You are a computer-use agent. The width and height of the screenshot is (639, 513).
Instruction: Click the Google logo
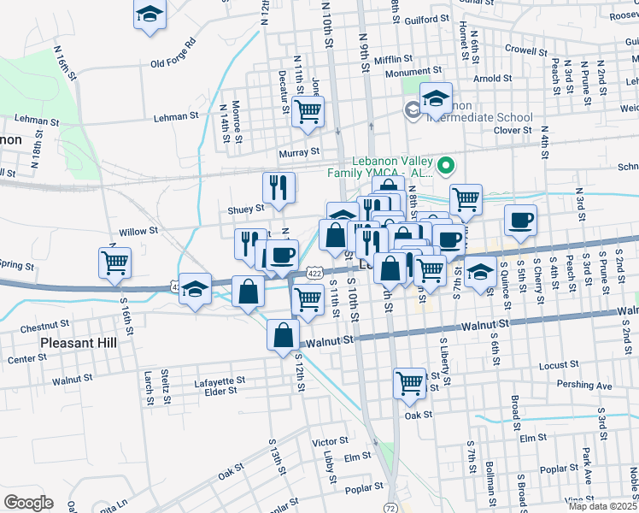click(28, 502)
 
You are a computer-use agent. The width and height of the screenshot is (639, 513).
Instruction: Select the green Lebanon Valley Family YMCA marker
click(444, 164)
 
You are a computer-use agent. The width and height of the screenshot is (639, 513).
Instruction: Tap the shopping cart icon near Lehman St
click(308, 110)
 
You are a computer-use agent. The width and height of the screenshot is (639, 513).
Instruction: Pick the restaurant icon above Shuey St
click(278, 187)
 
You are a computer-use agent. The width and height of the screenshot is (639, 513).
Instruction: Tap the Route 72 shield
click(390, 507)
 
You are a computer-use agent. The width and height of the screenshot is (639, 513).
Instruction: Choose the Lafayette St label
click(220, 380)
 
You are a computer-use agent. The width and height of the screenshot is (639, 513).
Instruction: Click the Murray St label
click(299, 152)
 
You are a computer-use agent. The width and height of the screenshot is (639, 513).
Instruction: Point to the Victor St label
click(329, 442)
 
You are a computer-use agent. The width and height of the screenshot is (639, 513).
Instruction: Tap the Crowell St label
click(525, 50)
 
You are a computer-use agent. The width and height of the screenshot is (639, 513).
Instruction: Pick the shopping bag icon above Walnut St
click(283, 336)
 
